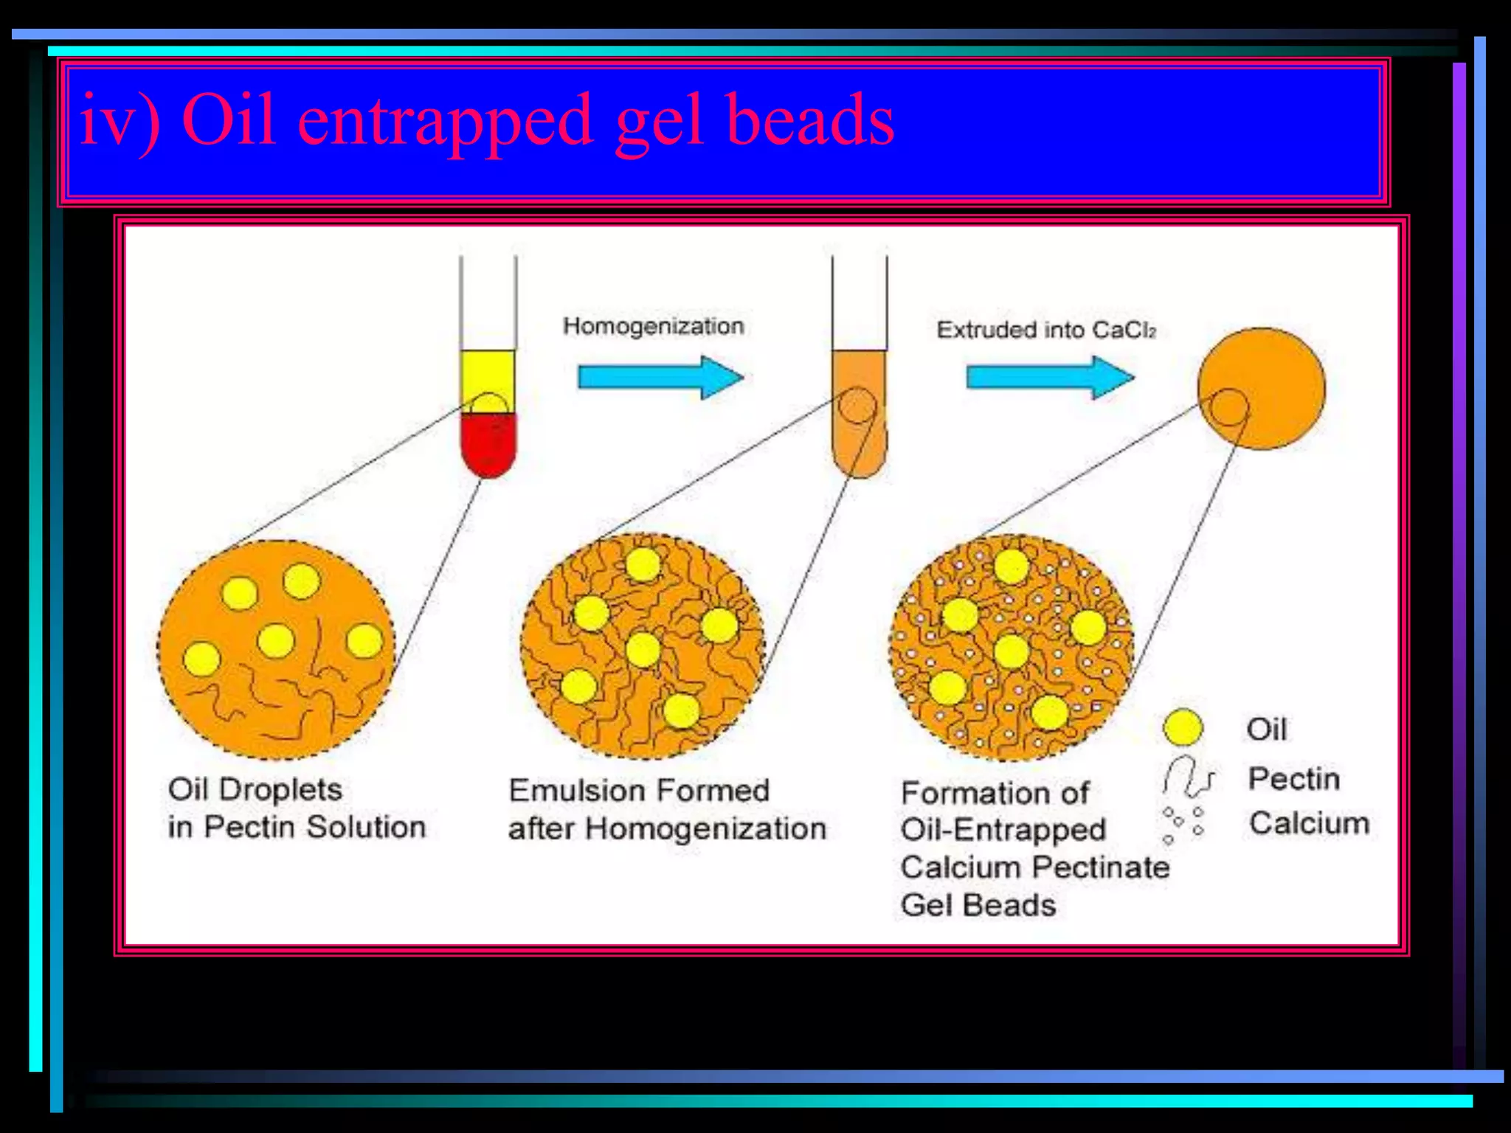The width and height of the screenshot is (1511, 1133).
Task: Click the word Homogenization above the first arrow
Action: (653, 326)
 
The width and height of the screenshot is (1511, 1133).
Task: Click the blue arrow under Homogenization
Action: (660, 377)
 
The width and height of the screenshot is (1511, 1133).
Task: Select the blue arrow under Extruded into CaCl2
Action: (1049, 377)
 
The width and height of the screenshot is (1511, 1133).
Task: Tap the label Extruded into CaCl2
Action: (1045, 330)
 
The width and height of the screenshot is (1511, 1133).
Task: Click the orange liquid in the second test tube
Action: (860, 435)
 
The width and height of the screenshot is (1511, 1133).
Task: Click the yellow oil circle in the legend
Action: (1183, 727)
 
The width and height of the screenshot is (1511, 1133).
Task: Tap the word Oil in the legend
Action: (1267, 730)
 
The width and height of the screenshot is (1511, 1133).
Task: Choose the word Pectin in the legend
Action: (1293, 779)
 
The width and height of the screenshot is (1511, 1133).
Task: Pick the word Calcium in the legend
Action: (1309, 823)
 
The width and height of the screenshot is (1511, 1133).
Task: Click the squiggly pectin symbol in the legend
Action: (1186, 777)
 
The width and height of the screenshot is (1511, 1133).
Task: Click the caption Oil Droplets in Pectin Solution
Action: (296, 808)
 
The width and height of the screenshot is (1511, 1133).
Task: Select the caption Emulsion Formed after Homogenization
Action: (666, 810)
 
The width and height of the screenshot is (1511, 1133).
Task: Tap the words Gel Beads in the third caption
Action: (978, 905)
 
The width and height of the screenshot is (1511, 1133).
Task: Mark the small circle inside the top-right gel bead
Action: (1229, 407)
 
